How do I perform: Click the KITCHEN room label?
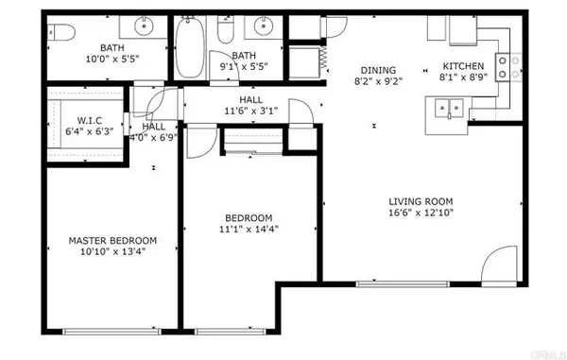[463, 66]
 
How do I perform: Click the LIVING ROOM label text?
[421, 200]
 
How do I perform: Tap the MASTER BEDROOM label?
[112, 240]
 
